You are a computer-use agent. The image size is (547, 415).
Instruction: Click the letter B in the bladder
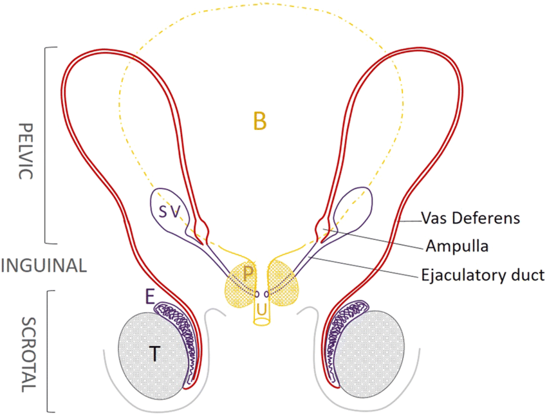(x=260, y=120)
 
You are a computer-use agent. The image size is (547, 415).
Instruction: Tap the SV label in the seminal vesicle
(x=171, y=210)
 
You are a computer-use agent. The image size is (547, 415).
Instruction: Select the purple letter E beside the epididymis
(x=149, y=295)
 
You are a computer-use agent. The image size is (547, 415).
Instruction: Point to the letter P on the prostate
(x=248, y=273)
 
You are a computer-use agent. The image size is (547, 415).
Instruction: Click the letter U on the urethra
(x=261, y=310)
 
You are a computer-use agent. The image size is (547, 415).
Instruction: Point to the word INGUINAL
(x=44, y=266)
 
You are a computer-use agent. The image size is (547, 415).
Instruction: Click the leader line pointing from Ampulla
(x=373, y=237)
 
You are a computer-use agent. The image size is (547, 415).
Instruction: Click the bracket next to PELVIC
(x=46, y=145)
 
